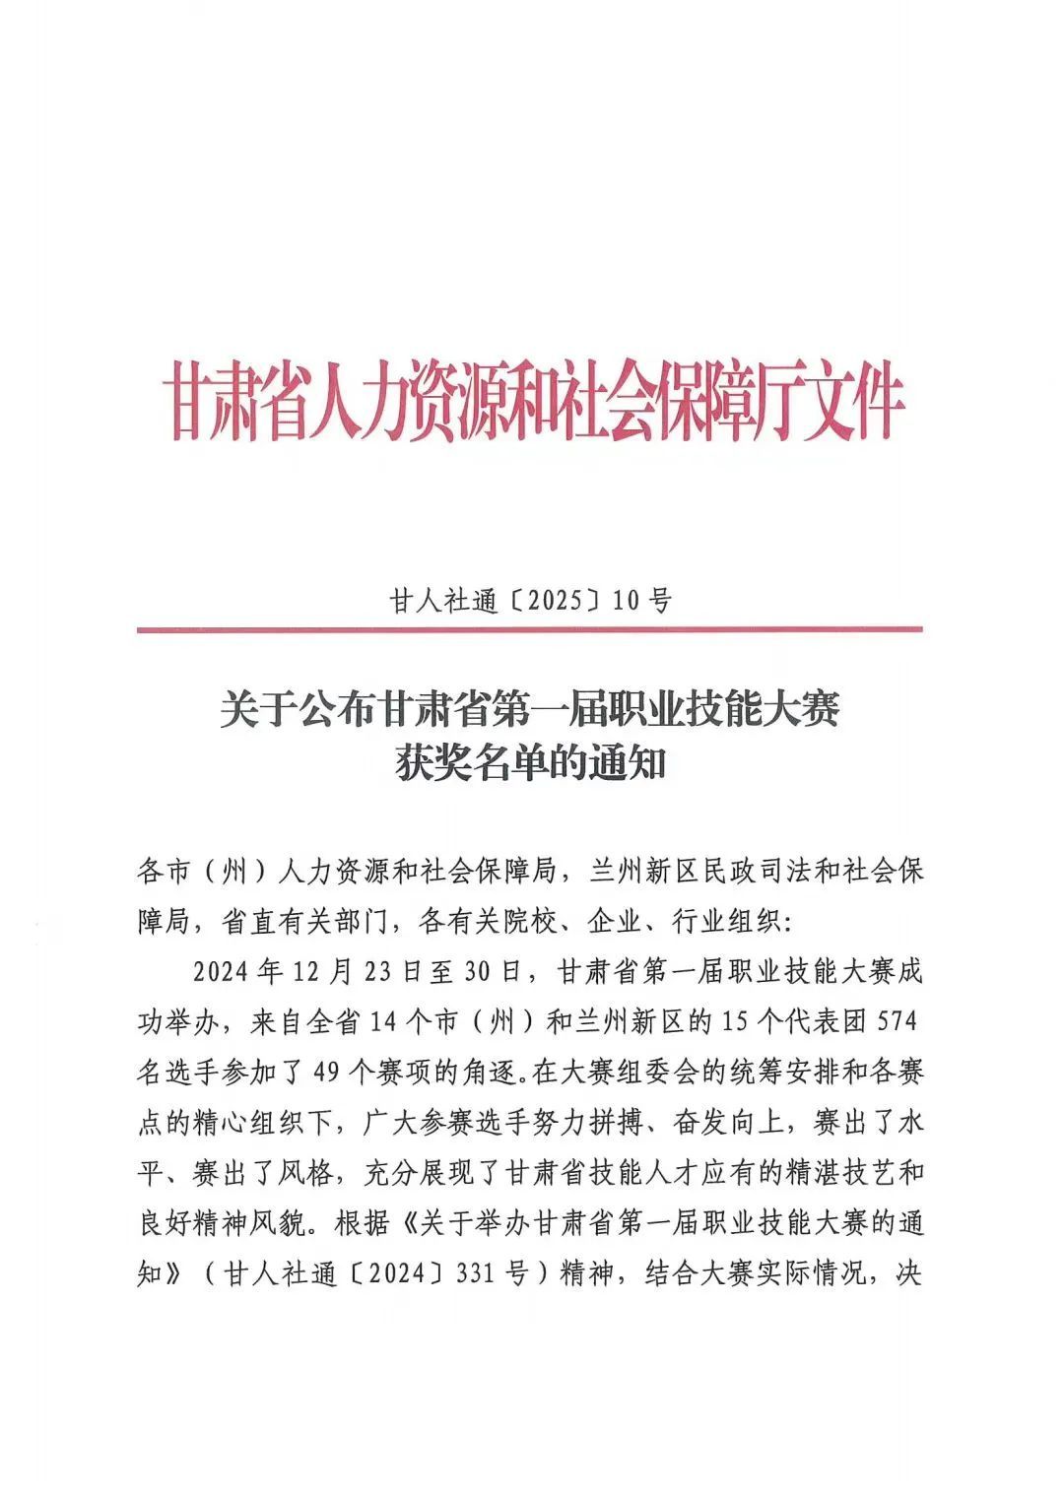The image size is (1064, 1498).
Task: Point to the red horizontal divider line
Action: [x=530, y=628]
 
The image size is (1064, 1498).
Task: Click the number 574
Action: [x=897, y=1022]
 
